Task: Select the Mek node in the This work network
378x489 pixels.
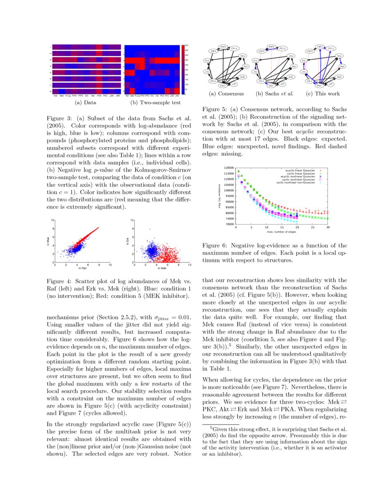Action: (338, 56)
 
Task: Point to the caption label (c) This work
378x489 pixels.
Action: (323, 94)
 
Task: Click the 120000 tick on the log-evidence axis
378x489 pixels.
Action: (229, 168)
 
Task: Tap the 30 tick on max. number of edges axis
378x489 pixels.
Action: (328, 228)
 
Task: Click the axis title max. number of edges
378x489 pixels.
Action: (282, 232)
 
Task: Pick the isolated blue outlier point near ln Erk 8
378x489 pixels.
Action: (150, 229)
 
